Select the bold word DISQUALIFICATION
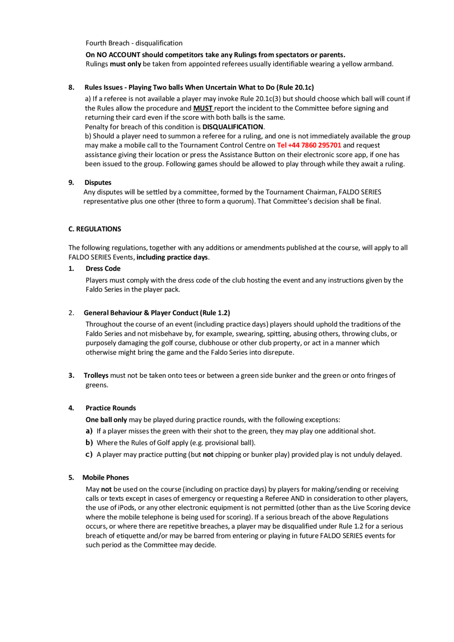pos(233,127)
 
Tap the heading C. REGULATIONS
pos(95,229)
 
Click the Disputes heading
pos(98,183)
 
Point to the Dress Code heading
pos(103,268)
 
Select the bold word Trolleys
pos(96,375)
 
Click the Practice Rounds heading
pos(111,408)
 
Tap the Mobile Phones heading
pos(106,477)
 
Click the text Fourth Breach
pos(107,43)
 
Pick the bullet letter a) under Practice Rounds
pos(89,431)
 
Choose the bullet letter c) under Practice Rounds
pos(89,454)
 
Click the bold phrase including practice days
pos(172,257)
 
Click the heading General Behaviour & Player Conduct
pos(141,313)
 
